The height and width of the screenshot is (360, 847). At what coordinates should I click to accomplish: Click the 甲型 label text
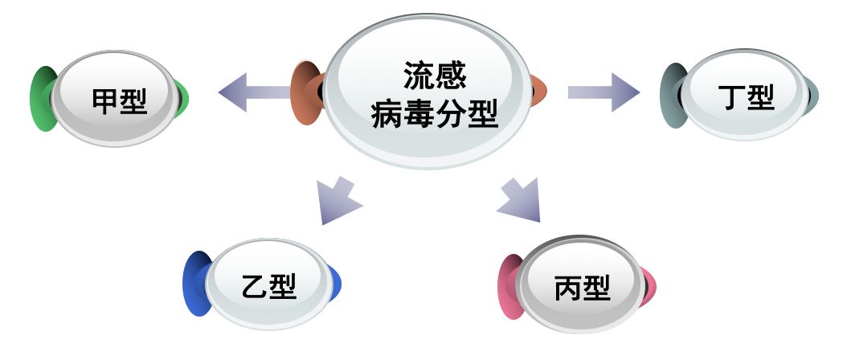[121, 101]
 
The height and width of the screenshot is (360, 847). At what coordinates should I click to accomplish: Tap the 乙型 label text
[268, 287]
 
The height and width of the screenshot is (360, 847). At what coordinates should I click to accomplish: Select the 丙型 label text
[582, 287]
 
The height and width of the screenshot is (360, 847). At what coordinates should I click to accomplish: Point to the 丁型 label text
[745, 98]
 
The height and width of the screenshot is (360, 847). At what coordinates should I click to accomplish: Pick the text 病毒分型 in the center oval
[435, 115]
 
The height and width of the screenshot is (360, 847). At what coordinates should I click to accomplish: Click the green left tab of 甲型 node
[43, 100]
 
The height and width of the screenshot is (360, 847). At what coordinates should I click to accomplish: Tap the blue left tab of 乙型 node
[196, 284]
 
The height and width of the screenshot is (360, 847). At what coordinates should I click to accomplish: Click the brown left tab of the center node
[305, 92]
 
